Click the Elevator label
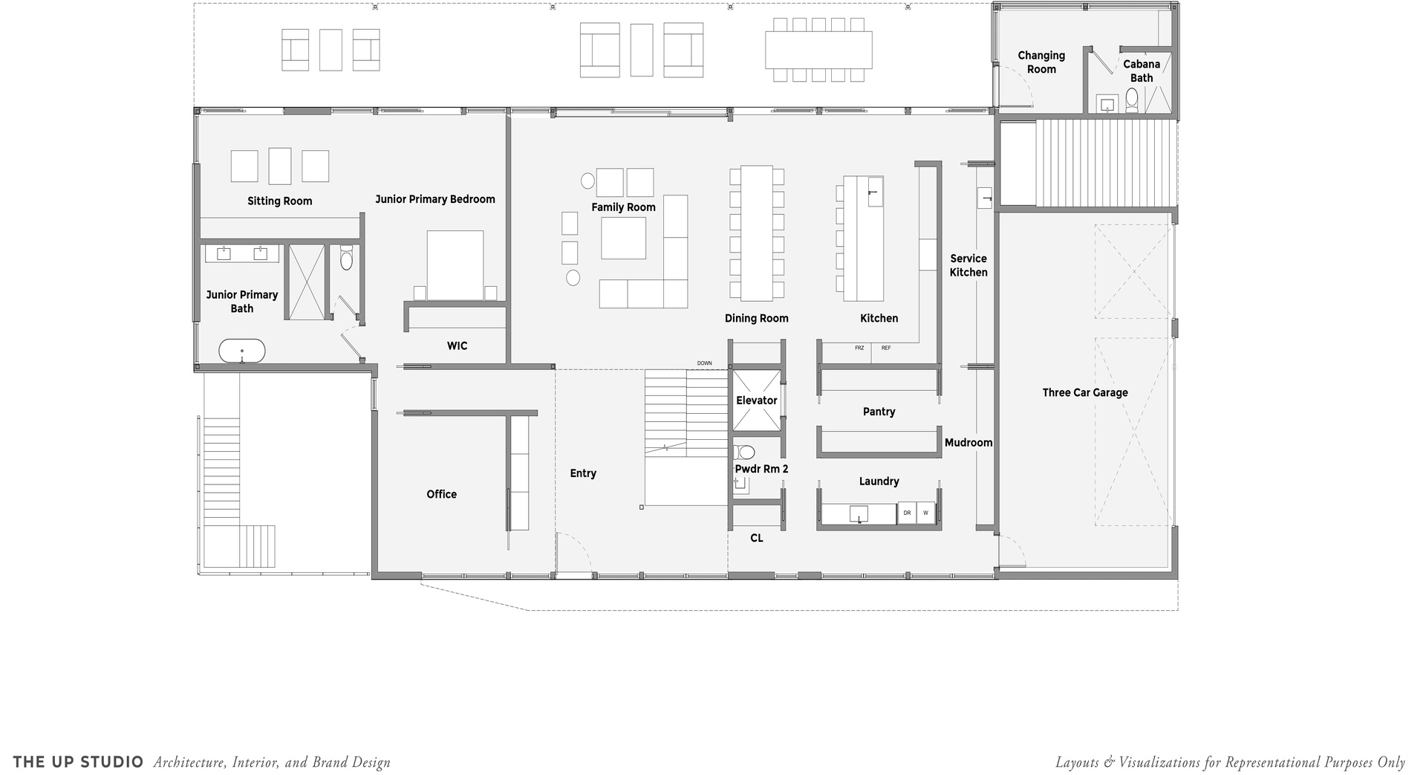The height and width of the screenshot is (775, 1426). [x=756, y=401]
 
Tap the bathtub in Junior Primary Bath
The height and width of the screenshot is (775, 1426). [x=242, y=351]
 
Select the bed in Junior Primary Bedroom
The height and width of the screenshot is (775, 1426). [x=455, y=265]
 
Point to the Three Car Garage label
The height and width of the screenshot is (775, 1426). [x=1084, y=392]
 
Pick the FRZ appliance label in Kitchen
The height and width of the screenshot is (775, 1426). [x=859, y=348]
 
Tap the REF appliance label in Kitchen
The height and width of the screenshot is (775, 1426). [x=886, y=348]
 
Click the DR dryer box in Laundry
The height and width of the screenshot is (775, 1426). [x=907, y=513]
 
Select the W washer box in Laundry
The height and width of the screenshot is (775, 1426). [x=925, y=513]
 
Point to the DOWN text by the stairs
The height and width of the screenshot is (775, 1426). [x=704, y=363]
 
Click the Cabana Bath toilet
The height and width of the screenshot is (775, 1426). [x=1132, y=100]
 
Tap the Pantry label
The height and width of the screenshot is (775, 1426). [x=879, y=412]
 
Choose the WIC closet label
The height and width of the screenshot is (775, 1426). [x=457, y=346]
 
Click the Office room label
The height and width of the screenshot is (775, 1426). [x=441, y=494]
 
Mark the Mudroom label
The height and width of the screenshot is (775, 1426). [x=968, y=443]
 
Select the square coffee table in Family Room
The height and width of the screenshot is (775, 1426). [x=623, y=238]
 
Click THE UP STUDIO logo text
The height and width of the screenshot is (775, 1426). [x=79, y=762]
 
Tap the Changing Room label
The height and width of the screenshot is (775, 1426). [x=1041, y=62]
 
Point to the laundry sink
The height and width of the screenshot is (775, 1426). [x=859, y=513]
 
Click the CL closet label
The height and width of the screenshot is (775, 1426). [x=756, y=538]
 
